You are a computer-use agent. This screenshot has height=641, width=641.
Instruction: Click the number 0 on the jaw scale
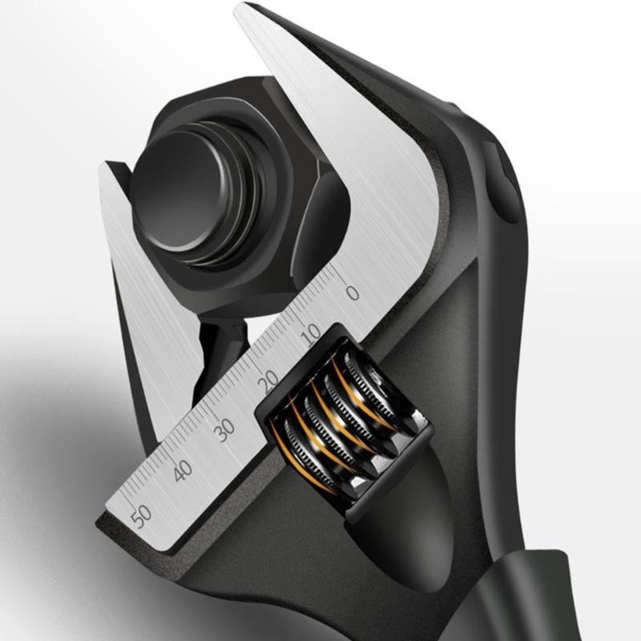point(352,292)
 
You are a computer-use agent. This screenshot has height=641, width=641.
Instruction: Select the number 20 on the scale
point(269,379)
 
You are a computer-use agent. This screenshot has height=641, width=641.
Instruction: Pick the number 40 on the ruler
point(183,470)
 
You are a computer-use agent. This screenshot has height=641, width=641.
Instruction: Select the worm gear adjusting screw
point(345,417)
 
